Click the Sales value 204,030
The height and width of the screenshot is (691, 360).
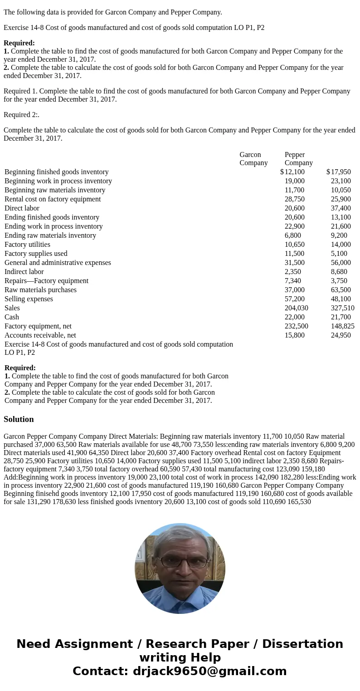(296, 308)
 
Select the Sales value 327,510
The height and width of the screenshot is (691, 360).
(342, 308)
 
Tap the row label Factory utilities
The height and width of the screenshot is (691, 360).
(27, 245)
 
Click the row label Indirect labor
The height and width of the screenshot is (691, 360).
(24, 272)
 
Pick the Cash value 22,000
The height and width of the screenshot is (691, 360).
(294, 317)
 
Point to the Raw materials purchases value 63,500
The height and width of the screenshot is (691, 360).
(341, 290)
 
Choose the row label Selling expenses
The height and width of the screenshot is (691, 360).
(29, 299)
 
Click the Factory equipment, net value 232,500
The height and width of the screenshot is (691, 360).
(296, 326)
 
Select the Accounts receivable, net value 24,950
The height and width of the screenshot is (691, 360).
(341, 335)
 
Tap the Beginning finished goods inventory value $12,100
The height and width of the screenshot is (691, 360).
(292, 172)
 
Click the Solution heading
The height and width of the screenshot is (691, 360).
(19, 419)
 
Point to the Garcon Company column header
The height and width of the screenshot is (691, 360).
(253, 159)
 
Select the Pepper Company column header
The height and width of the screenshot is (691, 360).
(298, 159)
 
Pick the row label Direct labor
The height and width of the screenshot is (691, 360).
(22, 208)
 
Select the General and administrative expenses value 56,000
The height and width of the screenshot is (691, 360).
(341, 263)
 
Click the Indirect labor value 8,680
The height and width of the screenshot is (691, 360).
(339, 272)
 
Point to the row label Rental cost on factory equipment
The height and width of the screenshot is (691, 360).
(53, 199)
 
